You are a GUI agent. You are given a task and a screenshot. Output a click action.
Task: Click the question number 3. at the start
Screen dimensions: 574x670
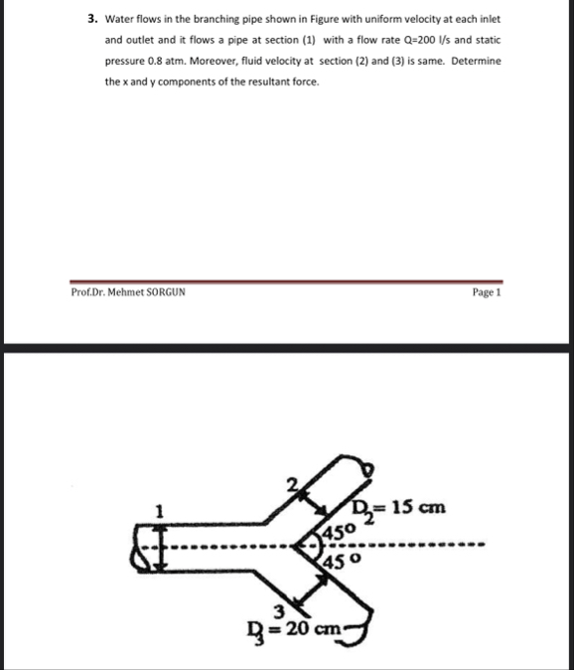pyautogui.click(x=89, y=18)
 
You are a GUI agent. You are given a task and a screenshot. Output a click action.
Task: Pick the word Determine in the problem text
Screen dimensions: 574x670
pyautogui.click(x=476, y=61)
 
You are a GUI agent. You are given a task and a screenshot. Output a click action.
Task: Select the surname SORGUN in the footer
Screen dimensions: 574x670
pyautogui.click(x=164, y=293)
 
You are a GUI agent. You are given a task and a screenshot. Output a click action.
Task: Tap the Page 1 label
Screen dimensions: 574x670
pyautogui.click(x=485, y=293)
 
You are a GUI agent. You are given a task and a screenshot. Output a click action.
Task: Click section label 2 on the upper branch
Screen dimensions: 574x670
pyautogui.click(x=291, y=485)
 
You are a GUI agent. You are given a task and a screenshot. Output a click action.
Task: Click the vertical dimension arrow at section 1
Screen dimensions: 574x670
pyautogui.click(x=149, y=546)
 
